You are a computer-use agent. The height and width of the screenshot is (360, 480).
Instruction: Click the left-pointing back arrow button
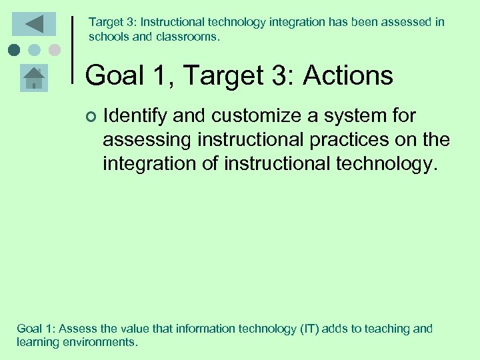pyautogui.click(x=34, y=24)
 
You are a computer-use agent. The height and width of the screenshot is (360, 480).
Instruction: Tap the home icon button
pyautogui.click(x=34, y=79)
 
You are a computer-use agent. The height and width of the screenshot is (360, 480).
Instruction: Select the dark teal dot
pyautogui.click(x=14, y=50)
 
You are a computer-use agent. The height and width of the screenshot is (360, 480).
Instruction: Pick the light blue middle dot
pyautogui.click(x=35, y=50)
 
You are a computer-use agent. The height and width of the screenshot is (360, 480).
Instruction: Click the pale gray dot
pyautogui.click(x=55, y=50)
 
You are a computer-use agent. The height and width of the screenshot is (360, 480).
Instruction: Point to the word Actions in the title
pyautogui.click(x=348, y=76)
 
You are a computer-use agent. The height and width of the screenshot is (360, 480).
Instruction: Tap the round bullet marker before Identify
pyautogui.click(x=91, y=117)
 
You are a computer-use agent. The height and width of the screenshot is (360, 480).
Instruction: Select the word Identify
pyautogui.click(x=135, y=117)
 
